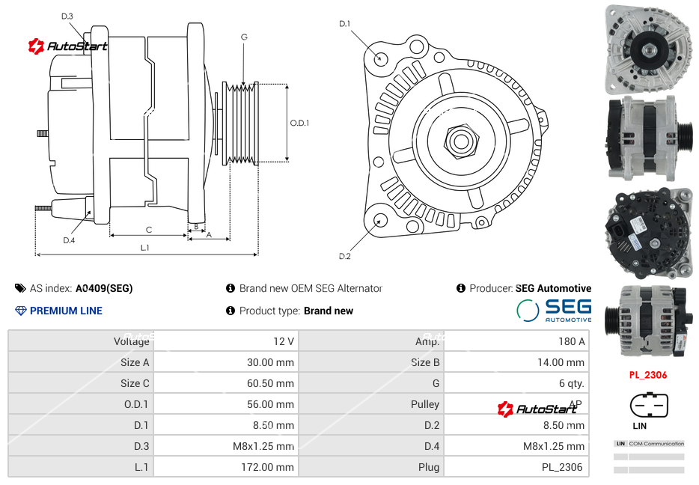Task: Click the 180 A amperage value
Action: pyautogui.click(x=571, y=341)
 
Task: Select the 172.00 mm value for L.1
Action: pyautogui.click(x=274, y=467)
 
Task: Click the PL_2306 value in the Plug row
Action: pyautogui.click(x=563, y=467)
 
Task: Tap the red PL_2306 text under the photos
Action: pyautogui.click(x=647, y=375)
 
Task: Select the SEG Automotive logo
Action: pyautogui.click(x=554, y=310)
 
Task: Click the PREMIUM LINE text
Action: pyautogui.click(x=66, y=311)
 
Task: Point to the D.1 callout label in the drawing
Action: pyautogui.click(x=344, y=24)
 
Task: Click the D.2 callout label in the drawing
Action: pyautogui.click(x=344, y=257)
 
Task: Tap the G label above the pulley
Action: pyautogui.click(x=244, y=37)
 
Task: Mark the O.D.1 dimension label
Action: pyautogui.click(x=299, y=123)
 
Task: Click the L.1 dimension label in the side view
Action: pyautogui.click(x=144, y=248)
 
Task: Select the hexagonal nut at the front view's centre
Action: pyautogui.click(x=460, y=140)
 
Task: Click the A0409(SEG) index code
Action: pyautogui.click(x=104, y=288)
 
